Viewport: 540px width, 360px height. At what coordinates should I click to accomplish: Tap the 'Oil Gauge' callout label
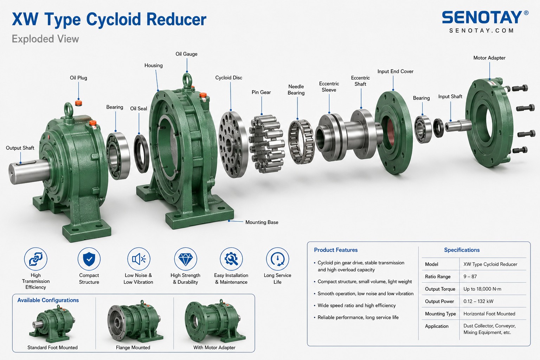click(186, 54)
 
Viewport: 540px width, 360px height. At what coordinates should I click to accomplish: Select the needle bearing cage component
click(301, 142)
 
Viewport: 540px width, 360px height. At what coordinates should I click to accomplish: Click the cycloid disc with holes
click(233, 145)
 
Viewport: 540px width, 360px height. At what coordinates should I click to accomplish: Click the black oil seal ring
click(142, 154)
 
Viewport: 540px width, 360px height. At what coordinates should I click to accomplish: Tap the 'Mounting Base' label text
click(262, 222)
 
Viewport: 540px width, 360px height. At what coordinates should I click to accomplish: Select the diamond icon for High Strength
click(185, 259)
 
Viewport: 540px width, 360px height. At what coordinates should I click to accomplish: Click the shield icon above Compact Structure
click(89, 259)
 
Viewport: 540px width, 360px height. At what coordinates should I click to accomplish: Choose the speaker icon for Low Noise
click(139, 259)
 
